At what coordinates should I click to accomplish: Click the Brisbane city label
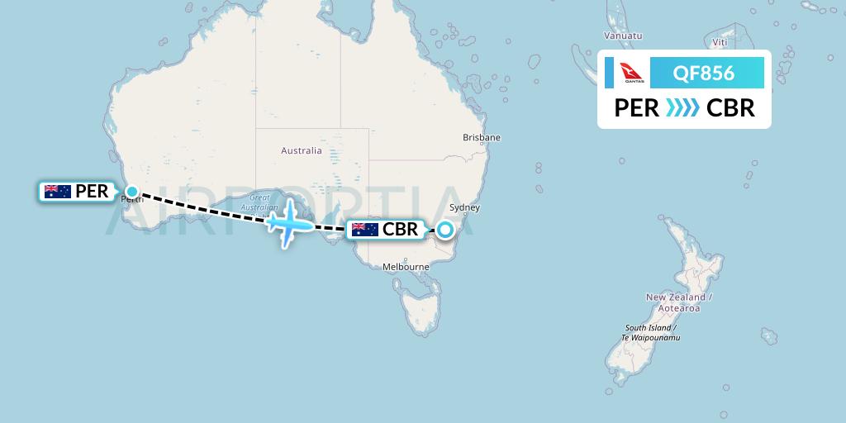point(482,137)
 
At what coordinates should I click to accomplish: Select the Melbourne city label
point(405,267)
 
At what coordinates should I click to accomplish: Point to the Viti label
point(720,40)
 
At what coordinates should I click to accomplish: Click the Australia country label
point(301,150)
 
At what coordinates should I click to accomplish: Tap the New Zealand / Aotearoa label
point(678,302)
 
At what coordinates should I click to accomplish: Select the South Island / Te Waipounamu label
point(652,332)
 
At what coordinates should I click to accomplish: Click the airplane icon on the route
point(288,222)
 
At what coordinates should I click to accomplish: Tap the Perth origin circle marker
point(132,192)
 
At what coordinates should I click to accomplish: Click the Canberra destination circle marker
point(445,230)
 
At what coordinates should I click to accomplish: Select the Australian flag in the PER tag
point(58,192)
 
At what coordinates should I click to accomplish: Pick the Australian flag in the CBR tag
point(365,230)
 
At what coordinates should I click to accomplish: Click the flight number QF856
point(704,74)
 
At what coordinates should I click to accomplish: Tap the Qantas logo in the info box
point(634,74)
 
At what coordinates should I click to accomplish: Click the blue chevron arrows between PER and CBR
point(682,108)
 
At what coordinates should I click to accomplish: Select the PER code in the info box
point(636,108)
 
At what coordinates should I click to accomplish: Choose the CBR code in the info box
point(730,108)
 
